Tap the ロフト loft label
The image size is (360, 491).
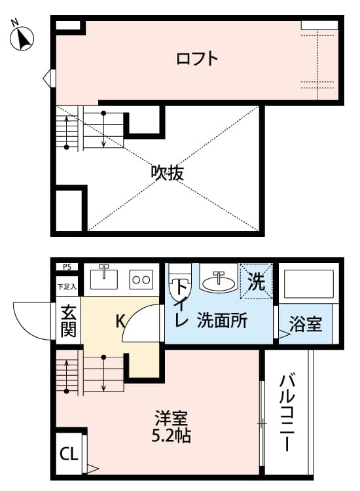197,59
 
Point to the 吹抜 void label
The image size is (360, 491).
167,173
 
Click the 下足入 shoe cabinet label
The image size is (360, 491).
67,286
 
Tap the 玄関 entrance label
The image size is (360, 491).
68,321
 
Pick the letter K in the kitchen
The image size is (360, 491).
120,321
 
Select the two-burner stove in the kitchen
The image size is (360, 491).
141,280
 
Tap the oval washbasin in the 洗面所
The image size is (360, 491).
218,282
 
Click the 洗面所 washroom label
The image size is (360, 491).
222,321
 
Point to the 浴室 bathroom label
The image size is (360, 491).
306,323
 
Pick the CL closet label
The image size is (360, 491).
67,453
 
